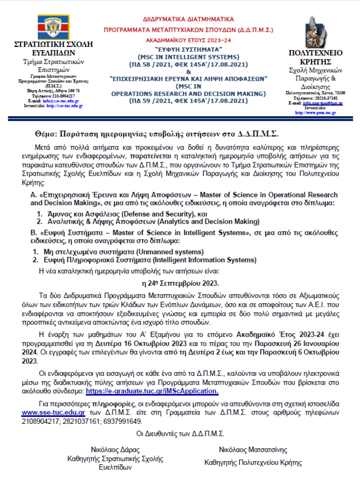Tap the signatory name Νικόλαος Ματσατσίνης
click(x=253, y=450)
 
